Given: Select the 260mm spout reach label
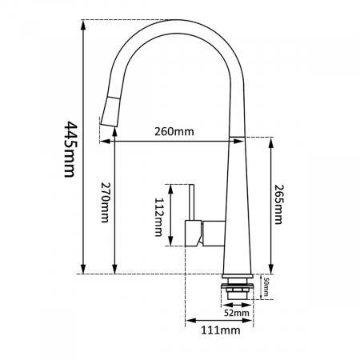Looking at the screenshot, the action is point(174,131).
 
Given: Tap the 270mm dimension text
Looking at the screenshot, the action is point(105,202).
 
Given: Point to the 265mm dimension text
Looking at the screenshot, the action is point(279,205).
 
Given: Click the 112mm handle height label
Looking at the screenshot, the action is point(159,217).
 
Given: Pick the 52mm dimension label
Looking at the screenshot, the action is point(237,313).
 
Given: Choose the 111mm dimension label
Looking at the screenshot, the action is point(221,330).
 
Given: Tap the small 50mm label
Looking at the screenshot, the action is point(266,287).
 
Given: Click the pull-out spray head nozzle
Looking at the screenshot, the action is point(110,112).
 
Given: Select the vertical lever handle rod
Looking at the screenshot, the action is point(191,202).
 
